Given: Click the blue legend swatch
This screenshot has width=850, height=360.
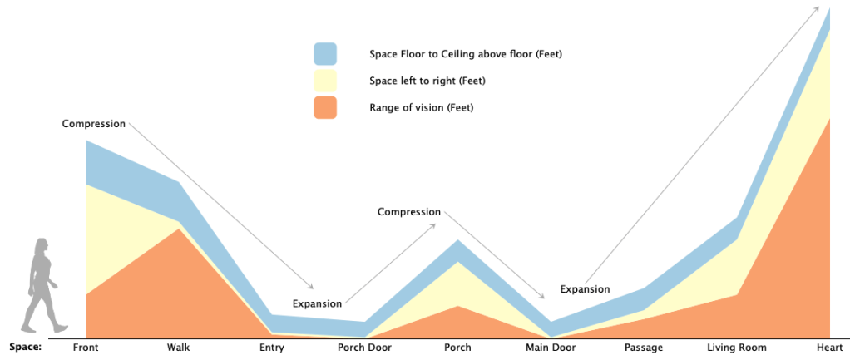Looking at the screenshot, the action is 325,54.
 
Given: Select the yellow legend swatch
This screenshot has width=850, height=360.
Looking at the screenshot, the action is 325,81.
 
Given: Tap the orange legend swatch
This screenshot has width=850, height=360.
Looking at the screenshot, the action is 325,107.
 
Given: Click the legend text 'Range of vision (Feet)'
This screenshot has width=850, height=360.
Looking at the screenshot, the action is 422,108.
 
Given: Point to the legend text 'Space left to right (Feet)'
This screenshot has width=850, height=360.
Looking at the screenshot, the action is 427,81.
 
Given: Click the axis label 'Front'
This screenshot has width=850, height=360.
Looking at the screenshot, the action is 86,348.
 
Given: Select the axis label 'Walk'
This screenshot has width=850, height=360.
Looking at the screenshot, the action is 178,348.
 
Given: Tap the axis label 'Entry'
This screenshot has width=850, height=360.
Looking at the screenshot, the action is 272,348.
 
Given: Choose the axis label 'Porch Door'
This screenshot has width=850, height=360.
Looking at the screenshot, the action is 364,348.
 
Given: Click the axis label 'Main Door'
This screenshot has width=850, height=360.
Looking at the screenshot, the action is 551,348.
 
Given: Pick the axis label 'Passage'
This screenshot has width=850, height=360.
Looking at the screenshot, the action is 644,348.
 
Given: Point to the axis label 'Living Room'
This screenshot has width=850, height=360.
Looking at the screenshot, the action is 737,348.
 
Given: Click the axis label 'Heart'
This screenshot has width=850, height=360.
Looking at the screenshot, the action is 830,348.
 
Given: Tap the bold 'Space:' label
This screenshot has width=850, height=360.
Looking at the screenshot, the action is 26,347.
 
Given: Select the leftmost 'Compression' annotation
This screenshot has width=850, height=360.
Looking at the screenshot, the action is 94,124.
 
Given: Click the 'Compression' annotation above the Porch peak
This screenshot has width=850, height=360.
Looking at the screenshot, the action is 409,212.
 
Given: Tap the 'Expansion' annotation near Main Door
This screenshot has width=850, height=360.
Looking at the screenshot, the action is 585,289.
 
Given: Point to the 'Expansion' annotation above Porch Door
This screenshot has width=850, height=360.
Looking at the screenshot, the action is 317,303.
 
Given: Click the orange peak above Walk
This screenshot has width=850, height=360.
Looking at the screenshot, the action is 178,229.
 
